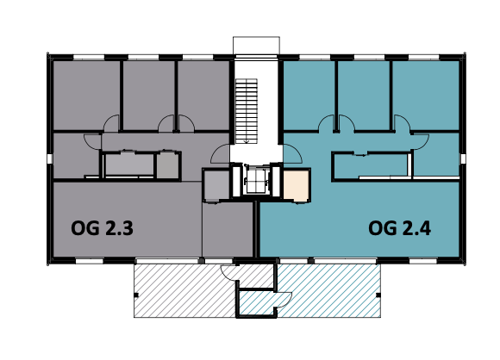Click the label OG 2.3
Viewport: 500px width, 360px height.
pos(102,228)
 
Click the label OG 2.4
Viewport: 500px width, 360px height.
pos(399,228)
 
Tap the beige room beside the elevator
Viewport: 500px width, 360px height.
pos(297,185)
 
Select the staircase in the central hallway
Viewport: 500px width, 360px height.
pos(247,111)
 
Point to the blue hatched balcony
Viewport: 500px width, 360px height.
pos(328,290)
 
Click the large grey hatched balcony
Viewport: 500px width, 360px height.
pos(185,290)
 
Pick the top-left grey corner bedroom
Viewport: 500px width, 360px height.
pos(86,95)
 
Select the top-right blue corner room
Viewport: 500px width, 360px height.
pos(426,95)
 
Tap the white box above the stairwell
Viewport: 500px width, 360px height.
pos(256,46)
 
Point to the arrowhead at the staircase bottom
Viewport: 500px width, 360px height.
pos(247,141)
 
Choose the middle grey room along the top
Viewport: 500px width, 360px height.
pos(149,95)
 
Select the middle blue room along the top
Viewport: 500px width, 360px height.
pos(364,95)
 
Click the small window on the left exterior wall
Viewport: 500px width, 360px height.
pos(50,158)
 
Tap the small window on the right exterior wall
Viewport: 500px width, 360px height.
pos(463,158)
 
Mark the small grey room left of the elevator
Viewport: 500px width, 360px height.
pos(216,185)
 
